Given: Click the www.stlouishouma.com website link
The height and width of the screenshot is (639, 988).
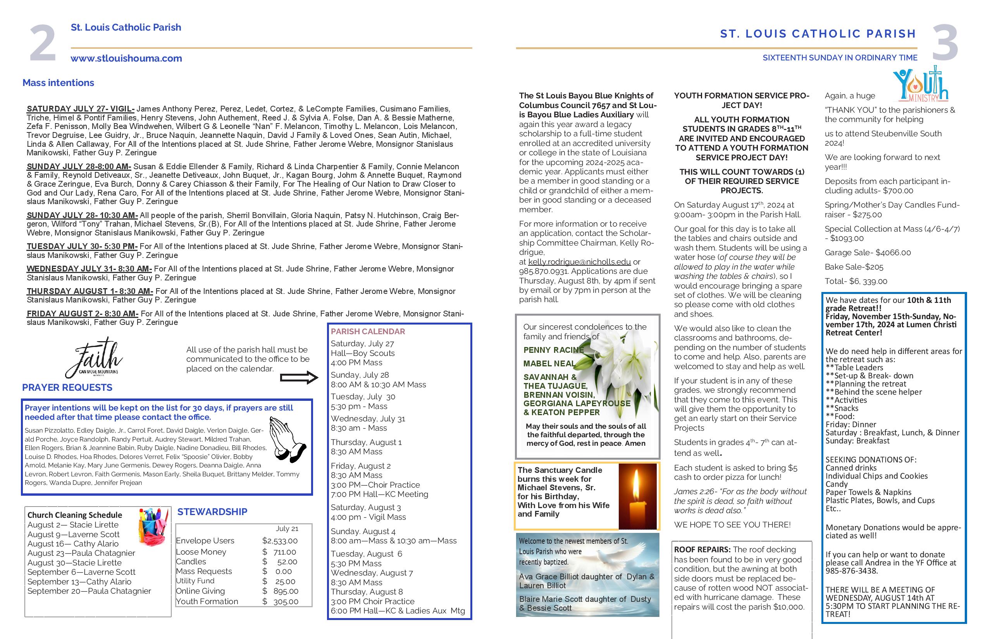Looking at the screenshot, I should tap(126, 58).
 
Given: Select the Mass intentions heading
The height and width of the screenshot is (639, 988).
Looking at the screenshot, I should tap(58, 82).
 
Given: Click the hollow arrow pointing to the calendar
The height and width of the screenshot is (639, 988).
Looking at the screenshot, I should tap(299, 378).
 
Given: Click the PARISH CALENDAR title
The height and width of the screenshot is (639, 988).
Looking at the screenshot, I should tap(368, 332).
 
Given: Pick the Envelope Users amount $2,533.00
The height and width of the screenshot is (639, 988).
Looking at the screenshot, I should tap(280, 541).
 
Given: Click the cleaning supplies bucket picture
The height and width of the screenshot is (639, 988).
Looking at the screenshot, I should tap(153, 527).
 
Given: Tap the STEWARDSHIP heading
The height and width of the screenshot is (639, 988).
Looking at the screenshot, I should tap(212, 512).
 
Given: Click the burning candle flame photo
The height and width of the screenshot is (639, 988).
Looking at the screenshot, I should tap(637, 496).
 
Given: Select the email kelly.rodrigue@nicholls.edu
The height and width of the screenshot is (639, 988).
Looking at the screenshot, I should tap(579, 262).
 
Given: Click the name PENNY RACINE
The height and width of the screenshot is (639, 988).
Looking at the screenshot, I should tap(553, 350).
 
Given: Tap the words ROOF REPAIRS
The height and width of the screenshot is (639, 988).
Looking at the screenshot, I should tap(702, 550).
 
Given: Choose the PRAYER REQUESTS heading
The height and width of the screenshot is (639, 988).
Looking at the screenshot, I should tap(67, 388).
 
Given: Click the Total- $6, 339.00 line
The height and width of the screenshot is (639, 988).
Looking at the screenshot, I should tap(855, 281).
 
